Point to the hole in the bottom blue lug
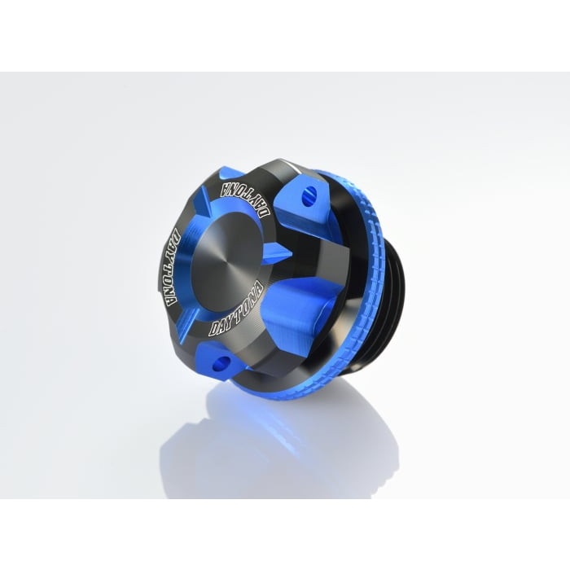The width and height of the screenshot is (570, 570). coord(221,362)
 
